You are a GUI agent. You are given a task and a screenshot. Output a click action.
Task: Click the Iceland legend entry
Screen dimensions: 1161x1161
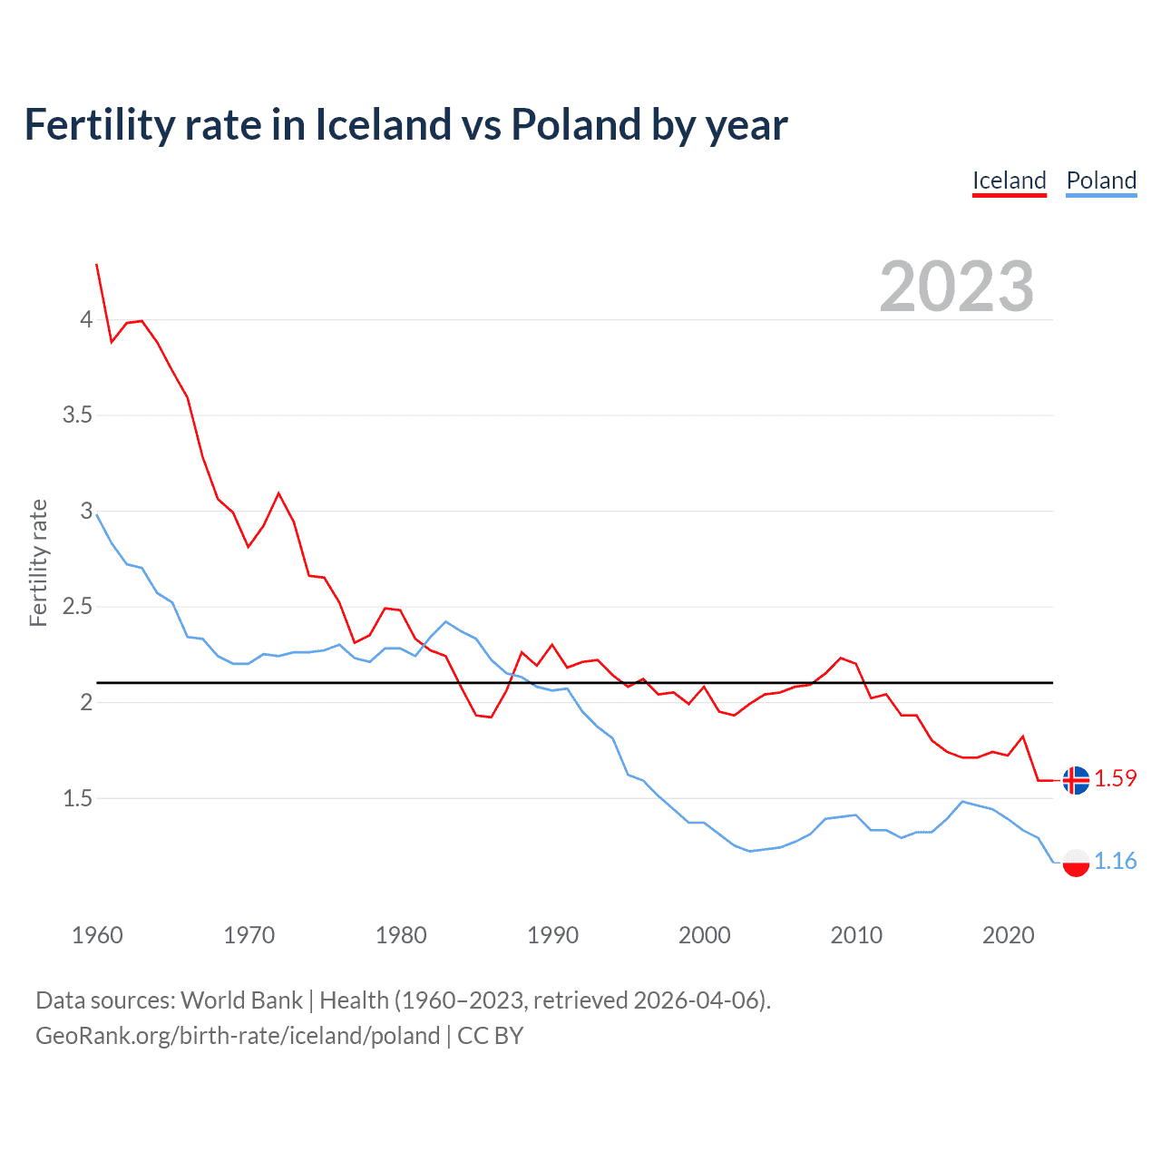point(1009,180)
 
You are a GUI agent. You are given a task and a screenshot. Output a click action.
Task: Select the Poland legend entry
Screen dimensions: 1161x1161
point(1101,180)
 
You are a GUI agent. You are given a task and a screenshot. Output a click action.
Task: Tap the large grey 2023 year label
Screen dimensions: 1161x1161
point(956,287)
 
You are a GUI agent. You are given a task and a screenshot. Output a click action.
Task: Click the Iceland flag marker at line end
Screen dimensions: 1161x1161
point(1076,780)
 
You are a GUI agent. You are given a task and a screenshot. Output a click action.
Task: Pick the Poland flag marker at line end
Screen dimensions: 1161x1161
point(1076,863)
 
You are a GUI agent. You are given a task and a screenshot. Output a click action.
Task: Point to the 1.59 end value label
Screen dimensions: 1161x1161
point(1115,778)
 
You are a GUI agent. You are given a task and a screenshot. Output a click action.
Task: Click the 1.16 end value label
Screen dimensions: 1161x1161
point(1115,861)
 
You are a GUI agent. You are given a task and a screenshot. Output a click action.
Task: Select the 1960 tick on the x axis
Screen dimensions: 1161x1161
point(97,935)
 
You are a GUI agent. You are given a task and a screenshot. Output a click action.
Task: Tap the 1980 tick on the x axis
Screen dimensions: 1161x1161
point(401,935)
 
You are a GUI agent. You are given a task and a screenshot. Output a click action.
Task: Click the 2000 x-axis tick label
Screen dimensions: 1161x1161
point(704,935)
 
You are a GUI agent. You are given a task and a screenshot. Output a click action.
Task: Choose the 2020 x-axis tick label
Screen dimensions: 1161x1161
point(1008,935)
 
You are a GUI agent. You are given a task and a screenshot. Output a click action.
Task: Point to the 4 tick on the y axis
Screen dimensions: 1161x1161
point(86,319)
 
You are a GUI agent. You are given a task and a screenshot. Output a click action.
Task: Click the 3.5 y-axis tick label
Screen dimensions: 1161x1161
point(77,415)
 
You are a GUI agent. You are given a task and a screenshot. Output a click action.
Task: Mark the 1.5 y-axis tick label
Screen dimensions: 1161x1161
point(77,798)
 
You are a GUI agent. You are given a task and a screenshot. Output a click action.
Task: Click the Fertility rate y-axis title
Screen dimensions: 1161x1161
point(38,562)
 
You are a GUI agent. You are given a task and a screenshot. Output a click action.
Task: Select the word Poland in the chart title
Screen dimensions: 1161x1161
point(576,124)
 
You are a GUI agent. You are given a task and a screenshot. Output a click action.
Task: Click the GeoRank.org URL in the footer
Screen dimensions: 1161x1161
point(238,1036)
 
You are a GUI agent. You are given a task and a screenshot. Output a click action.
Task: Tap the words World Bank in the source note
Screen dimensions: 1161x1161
point(241,1000)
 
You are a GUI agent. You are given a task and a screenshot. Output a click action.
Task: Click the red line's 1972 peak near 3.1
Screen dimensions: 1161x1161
point(278,493)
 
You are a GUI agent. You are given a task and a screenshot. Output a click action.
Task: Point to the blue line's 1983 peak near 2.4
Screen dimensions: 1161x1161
point(445,621)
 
